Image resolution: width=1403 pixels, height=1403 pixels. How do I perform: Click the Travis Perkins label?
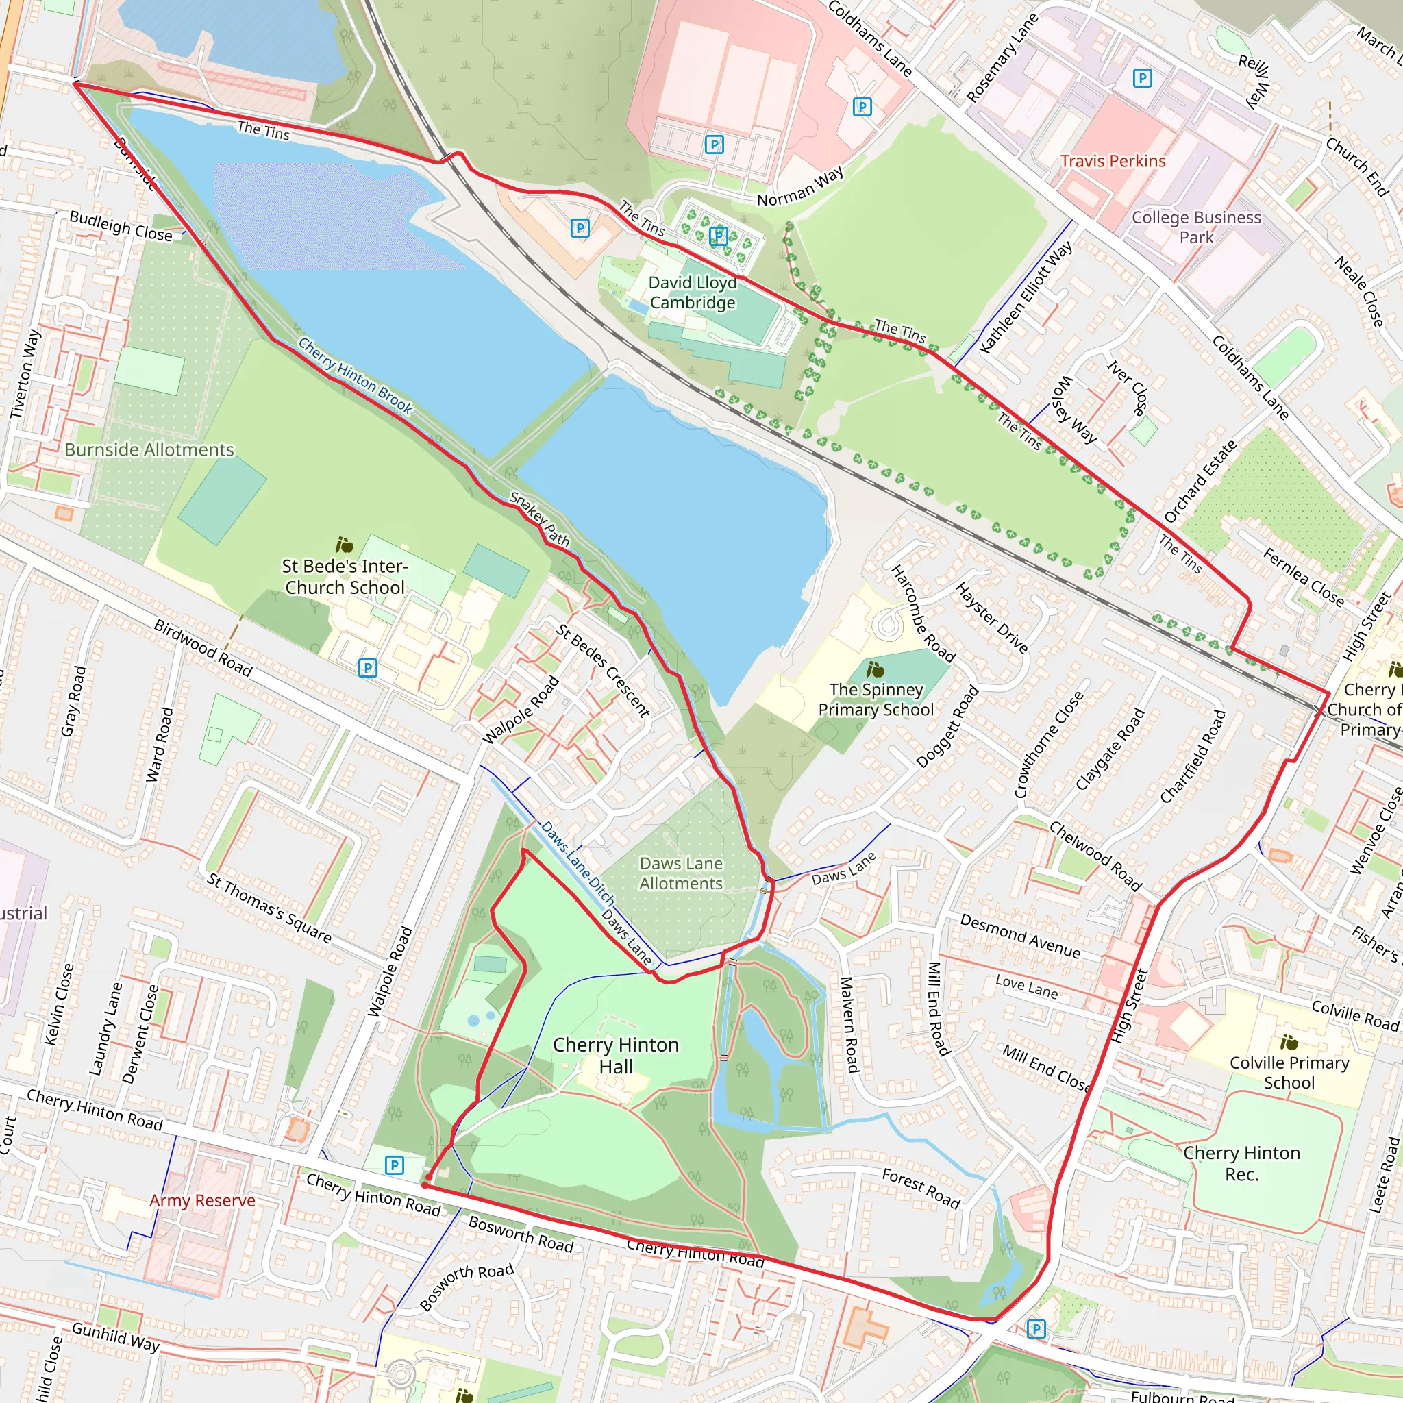[x=1113, y=161]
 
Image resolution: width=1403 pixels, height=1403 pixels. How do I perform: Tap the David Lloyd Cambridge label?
[x=692, y=293]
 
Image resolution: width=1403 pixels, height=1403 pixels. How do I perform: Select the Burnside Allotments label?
[x=149, y=449]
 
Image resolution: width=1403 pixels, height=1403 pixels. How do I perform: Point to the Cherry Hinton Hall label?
[x=616, y=1055]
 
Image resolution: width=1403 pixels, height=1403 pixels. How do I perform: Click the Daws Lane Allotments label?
[x=680, y=873]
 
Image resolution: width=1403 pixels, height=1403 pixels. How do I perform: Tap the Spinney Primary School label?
[x=876, y=699]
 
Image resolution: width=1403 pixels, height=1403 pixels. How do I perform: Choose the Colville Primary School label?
[x=1289, y=1073]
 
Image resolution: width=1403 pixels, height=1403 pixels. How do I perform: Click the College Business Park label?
[x=1196, y=227]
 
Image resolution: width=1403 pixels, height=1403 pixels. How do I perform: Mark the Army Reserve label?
[x=202, y=1200]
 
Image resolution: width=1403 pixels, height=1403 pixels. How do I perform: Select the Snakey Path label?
[x=540, y=519]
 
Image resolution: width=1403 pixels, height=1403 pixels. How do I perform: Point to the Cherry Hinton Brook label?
[x=354, y=376]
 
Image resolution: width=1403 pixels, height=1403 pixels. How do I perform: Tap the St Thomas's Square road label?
[x=269, y=908]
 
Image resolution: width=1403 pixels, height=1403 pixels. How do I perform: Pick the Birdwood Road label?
[x=203, y=648]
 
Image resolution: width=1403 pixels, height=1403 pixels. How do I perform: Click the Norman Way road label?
[x=800, y=186]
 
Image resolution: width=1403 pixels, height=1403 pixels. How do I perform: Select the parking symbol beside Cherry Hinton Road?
[x=395, y=1165]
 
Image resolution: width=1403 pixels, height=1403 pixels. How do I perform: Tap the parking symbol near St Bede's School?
[x=368, y=667]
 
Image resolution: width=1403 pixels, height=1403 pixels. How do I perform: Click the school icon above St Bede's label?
[x=344, y=545]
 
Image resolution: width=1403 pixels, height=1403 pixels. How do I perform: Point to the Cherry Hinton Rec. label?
[x=1241, y=1163]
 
